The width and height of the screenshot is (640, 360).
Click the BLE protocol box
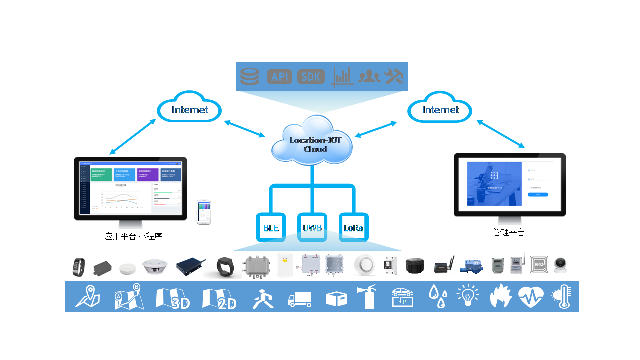pos(271,228)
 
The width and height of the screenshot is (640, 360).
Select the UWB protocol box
pos(312,228)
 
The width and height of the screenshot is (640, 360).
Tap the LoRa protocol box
pos(353,228)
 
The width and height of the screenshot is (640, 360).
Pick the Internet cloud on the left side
pos(190,108)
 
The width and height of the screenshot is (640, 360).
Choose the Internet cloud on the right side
pos(440,108)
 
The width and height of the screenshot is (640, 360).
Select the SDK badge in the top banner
pos(311,76)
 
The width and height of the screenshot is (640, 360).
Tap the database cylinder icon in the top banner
pos(250,76)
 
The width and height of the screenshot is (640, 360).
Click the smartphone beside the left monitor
pos(204,212)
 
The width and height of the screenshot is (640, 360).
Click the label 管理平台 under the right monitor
pos(509,232)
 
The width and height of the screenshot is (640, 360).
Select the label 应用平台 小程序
pos(133,236)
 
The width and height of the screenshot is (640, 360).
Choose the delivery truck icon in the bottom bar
pos(300,299)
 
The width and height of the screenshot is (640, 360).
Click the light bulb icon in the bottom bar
pos(468,296)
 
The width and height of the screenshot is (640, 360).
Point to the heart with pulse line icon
pos(530,297)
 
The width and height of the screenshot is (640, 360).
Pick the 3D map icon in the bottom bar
pos(172,298)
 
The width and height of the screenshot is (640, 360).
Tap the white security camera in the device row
pos(562,264)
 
